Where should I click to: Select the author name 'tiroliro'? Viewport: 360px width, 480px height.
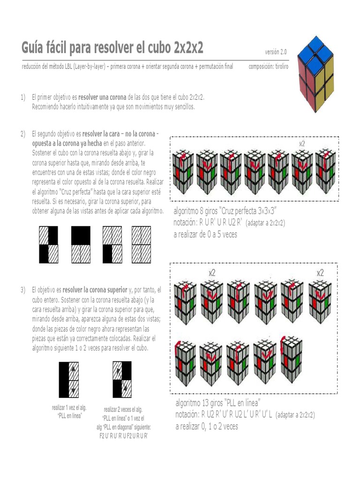point(279,67)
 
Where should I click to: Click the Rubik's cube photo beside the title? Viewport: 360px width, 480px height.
point(316,74)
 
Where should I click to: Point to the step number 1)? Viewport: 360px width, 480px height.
point(22,97)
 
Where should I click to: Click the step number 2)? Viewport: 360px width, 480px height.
point(22,135)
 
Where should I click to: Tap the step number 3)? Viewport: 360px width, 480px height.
point(22,290)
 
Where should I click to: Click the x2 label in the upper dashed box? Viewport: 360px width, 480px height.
point(302,144)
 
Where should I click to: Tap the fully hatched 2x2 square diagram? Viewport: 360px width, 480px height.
point(141,245)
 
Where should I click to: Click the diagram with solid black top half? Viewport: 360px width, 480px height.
point(81,245)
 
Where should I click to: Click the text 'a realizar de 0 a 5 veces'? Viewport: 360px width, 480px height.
point(205,234)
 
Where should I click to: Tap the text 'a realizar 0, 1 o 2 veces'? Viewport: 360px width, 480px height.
point(207,426)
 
